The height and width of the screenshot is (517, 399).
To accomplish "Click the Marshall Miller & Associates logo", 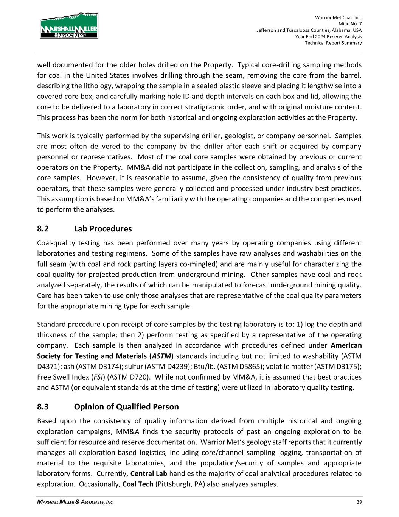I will coord(69,26).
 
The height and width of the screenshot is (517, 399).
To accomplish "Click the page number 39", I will coord(359,502).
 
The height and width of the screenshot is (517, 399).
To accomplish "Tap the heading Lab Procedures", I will coord(103,229).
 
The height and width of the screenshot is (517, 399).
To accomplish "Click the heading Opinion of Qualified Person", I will coord(126,407).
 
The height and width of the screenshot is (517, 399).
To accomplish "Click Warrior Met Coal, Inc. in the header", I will coord(338,17).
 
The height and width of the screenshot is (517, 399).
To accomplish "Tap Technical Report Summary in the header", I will coord(333,43).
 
